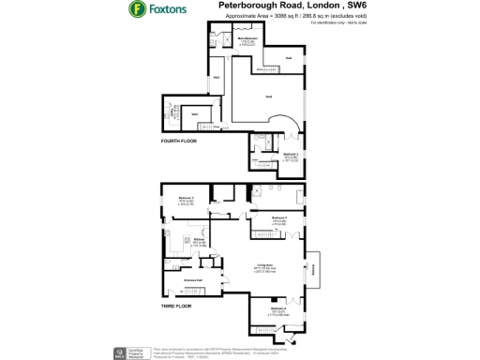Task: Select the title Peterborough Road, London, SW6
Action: pyautogui.click(x=294, y=6)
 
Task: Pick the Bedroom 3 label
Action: pyautogui.click(x=186, y=198)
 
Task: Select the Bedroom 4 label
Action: pyautogui.click(x=278, y=308)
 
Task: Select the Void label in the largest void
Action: pyautogui.click(x=268, y=97)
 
